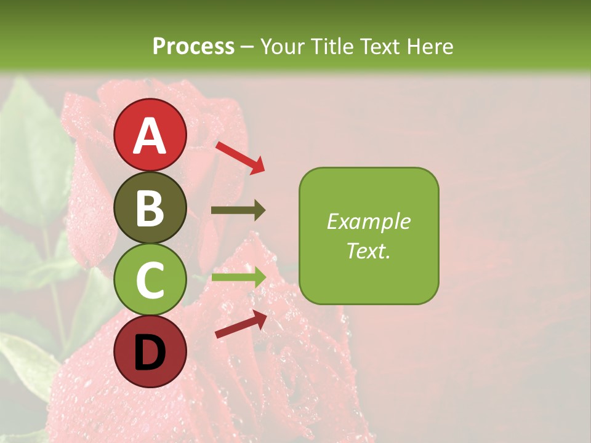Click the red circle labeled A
point(150,135)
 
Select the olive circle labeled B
point(150,207)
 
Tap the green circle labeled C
point(150,279)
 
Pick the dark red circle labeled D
point(150,351)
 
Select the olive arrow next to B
point(238,210)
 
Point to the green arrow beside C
point(238,277)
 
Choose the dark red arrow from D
point(241,324)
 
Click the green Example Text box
point(369,236)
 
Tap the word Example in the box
point(369,221)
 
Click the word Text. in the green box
point(368,250)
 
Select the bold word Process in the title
point(193,46)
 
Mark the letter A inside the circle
point(150,136)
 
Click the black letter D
point(150,353)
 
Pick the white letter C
point(150,280)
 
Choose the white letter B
point(150,208)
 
